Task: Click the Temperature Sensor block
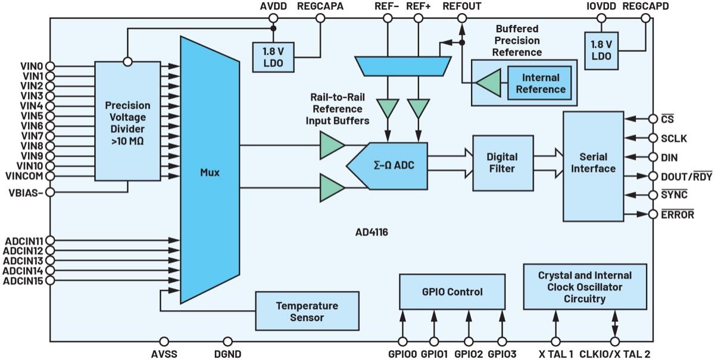tap(307, 311)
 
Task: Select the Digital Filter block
tap(502, 162)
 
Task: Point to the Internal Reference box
tap(541, 83)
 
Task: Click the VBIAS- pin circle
tap(50, 192)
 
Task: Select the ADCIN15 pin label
tap(23, 280)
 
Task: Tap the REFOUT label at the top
tap(462, 6)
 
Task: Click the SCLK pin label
tap(674, 138)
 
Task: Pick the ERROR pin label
tap(677, 214)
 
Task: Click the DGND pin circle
tap(227, 342)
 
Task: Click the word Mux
tap(210, 173)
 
